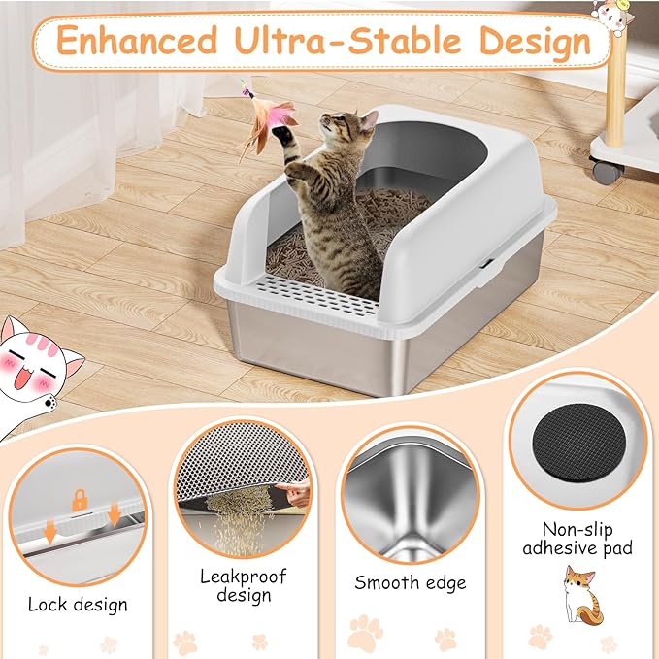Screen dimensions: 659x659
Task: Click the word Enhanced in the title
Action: click(x=137, y=42)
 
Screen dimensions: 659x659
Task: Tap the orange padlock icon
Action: click(x=81, y=501)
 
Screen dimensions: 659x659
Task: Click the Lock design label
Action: click(x=78, y=605)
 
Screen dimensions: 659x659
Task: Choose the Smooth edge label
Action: click(x=410, y=582)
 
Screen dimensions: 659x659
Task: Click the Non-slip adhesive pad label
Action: click(x=577, y=539)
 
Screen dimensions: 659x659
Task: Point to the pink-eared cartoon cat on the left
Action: click(x=39, y=365)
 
